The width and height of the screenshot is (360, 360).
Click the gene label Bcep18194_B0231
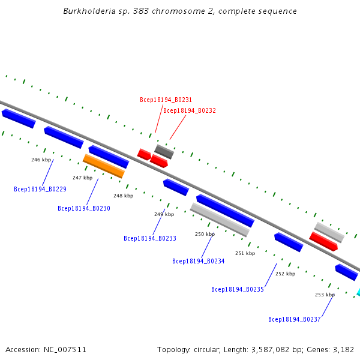coord(166,100)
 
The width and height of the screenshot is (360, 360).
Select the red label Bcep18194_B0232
coord(190,110)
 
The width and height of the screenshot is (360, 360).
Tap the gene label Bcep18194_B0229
coord(40,189)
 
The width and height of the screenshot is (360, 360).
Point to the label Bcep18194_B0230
coord(84,208)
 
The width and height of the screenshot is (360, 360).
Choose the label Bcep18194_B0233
coord(150,238)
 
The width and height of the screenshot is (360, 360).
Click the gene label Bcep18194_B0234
coord(198,261)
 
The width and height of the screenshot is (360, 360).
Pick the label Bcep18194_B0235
coord(238,289)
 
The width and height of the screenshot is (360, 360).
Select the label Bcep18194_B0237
coord(294,319)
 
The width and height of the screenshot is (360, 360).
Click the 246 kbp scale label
coord(41,160)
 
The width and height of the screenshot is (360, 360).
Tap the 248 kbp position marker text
coord(123,196)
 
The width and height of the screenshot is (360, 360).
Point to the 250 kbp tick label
coord(205,234)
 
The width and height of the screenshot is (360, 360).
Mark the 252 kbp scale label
coord(285,274)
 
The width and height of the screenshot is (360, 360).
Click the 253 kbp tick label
coord(325,295)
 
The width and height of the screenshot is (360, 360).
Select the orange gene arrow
coord(103,166)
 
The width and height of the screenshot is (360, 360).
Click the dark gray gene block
coord(164,151)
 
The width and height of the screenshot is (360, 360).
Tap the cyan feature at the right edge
coord(358,292)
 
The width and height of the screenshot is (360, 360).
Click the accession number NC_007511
coord(64,349)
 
